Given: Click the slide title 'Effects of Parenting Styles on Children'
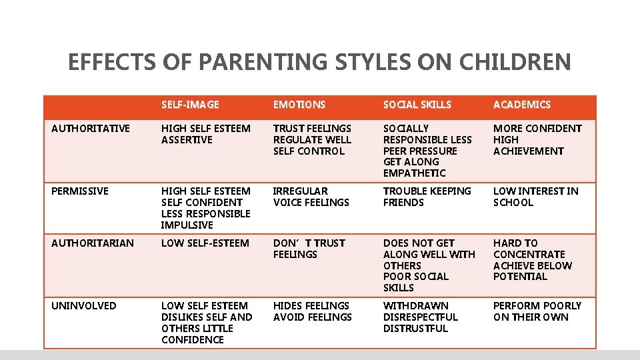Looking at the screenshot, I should (319, 62).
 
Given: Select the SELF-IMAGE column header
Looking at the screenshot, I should (190, 105).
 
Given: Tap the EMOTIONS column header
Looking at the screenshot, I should (299, 105).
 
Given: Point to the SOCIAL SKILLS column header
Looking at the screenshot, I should (417, 105).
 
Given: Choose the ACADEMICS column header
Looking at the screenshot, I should (522, 105).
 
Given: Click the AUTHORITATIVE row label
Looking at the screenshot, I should (91, 128).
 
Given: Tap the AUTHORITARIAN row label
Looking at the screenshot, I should (93, 243).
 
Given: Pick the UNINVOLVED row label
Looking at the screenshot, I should (84, 305).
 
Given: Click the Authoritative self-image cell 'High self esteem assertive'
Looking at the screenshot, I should (206, 134).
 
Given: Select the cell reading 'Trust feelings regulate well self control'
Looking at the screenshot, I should (312, 139).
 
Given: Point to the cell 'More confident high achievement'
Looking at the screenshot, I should (537, 139).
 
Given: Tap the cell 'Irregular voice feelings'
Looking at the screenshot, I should (311, 197).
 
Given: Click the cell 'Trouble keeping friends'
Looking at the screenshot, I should (427, 197).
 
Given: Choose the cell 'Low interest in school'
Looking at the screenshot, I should (535, 197).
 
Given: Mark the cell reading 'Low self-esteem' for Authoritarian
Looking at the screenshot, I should (205, 243).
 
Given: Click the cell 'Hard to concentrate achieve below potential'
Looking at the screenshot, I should (532, 260).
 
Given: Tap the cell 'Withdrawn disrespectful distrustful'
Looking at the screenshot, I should (420, 317).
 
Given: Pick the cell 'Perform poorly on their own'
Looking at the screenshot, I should (537, 311).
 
